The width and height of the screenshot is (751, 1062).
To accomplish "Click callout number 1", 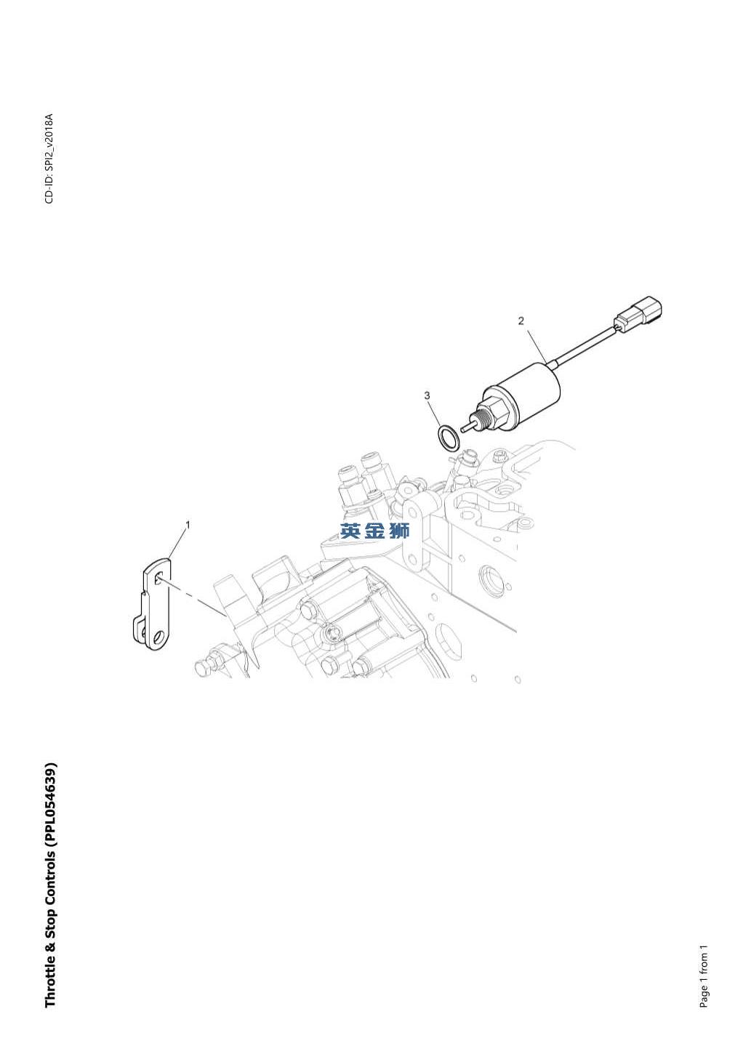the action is click(188, 525).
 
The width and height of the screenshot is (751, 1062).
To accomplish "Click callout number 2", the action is click(521, 321).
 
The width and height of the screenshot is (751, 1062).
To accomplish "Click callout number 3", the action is click(427, 395).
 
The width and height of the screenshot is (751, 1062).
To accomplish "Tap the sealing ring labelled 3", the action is click(448, 438).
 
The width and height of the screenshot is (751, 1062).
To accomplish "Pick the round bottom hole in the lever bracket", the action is click(158, 635).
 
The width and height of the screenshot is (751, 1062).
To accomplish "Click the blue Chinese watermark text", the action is click(374, 531).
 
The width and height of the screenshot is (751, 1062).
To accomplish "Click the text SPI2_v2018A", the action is click(49, 145).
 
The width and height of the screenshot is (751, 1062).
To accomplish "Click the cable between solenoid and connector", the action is click(583, 345).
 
